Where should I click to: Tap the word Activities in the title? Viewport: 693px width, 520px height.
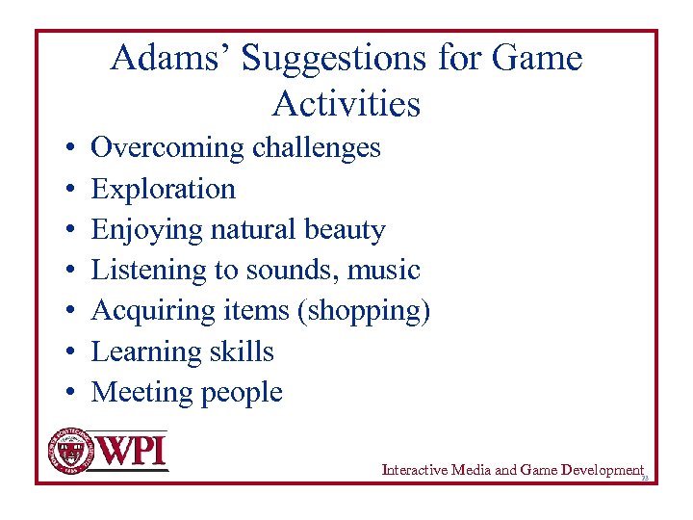coord(346,103)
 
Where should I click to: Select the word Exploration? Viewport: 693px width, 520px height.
coord(163,189)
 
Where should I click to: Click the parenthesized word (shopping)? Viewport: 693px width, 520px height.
coord(372,311)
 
